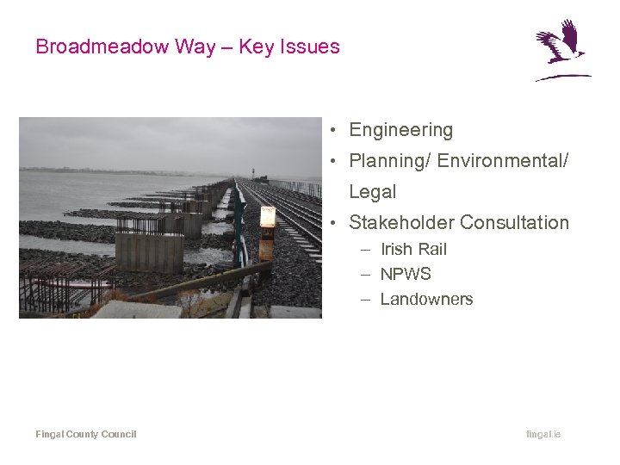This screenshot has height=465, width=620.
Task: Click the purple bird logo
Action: (x=561, y=50)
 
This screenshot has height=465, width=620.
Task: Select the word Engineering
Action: (x=400, y=130)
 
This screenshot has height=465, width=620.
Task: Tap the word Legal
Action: (x=372, y=192)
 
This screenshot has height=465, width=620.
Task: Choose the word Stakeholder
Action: (x=400, y=222)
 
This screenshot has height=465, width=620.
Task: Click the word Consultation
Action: (x=514, y=222)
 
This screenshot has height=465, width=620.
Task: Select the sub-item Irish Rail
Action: (x=413, y=249)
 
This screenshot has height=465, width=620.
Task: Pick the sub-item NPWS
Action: (x=406, y=274)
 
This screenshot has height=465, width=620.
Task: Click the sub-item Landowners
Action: (x=426, y=299)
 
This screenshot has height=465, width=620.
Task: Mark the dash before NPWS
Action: (x=365, y=274)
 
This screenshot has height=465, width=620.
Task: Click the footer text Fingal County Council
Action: (x=85, y=434)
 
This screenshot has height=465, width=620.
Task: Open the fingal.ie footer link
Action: (x=542, y=434)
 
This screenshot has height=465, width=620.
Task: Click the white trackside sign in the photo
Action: (x=268, y=217)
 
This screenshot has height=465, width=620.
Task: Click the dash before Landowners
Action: (x=365, y=299)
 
